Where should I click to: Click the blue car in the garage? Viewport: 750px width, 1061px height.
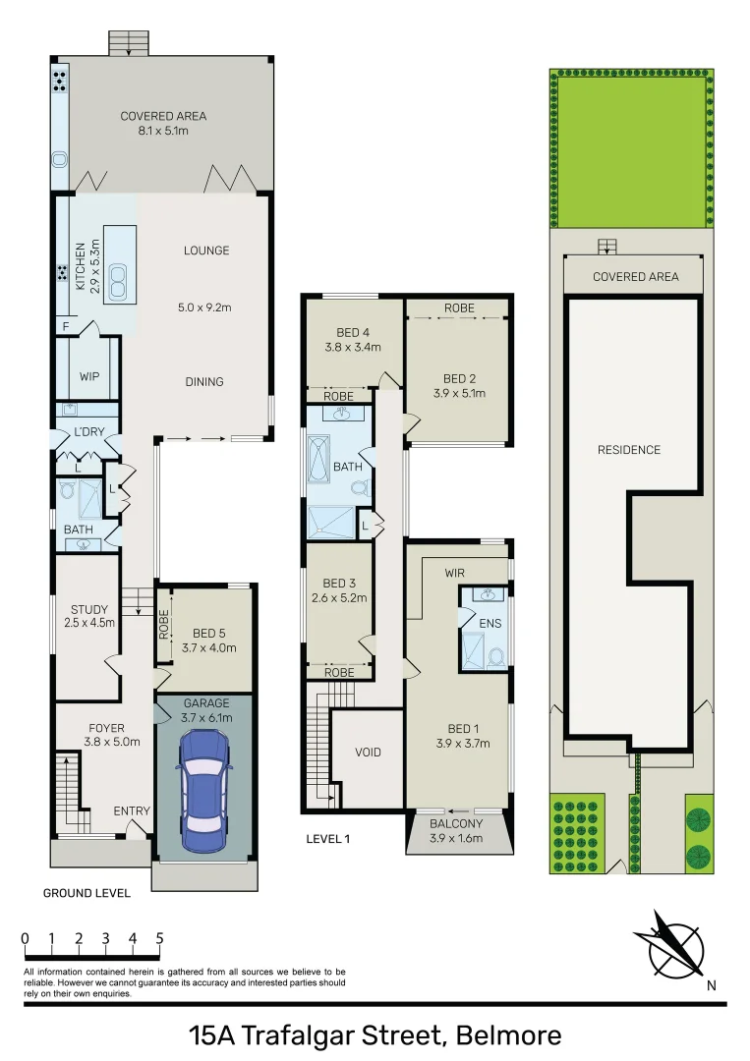click(203, 784)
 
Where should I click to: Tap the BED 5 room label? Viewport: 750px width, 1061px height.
click(208, 633)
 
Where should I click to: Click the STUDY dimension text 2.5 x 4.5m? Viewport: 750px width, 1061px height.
click(89, 623)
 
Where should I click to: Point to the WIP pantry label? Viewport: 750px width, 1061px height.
click(88, 376)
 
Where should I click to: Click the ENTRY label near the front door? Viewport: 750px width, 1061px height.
click(132, 810)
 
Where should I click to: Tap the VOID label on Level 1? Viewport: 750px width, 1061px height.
click(369, 753)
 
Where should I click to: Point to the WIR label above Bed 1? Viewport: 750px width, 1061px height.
click(454, 572)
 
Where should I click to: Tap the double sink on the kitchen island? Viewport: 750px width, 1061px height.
click(119, 282)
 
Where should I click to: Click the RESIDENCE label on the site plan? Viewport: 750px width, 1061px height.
click(629, 450)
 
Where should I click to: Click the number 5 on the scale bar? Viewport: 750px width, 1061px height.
click(159, 938)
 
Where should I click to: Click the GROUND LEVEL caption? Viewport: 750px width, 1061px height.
click(87, 894)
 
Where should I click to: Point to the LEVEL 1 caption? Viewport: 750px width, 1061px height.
click(328, 839)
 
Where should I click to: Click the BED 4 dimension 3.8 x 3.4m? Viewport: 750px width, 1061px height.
click(352, 347)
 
